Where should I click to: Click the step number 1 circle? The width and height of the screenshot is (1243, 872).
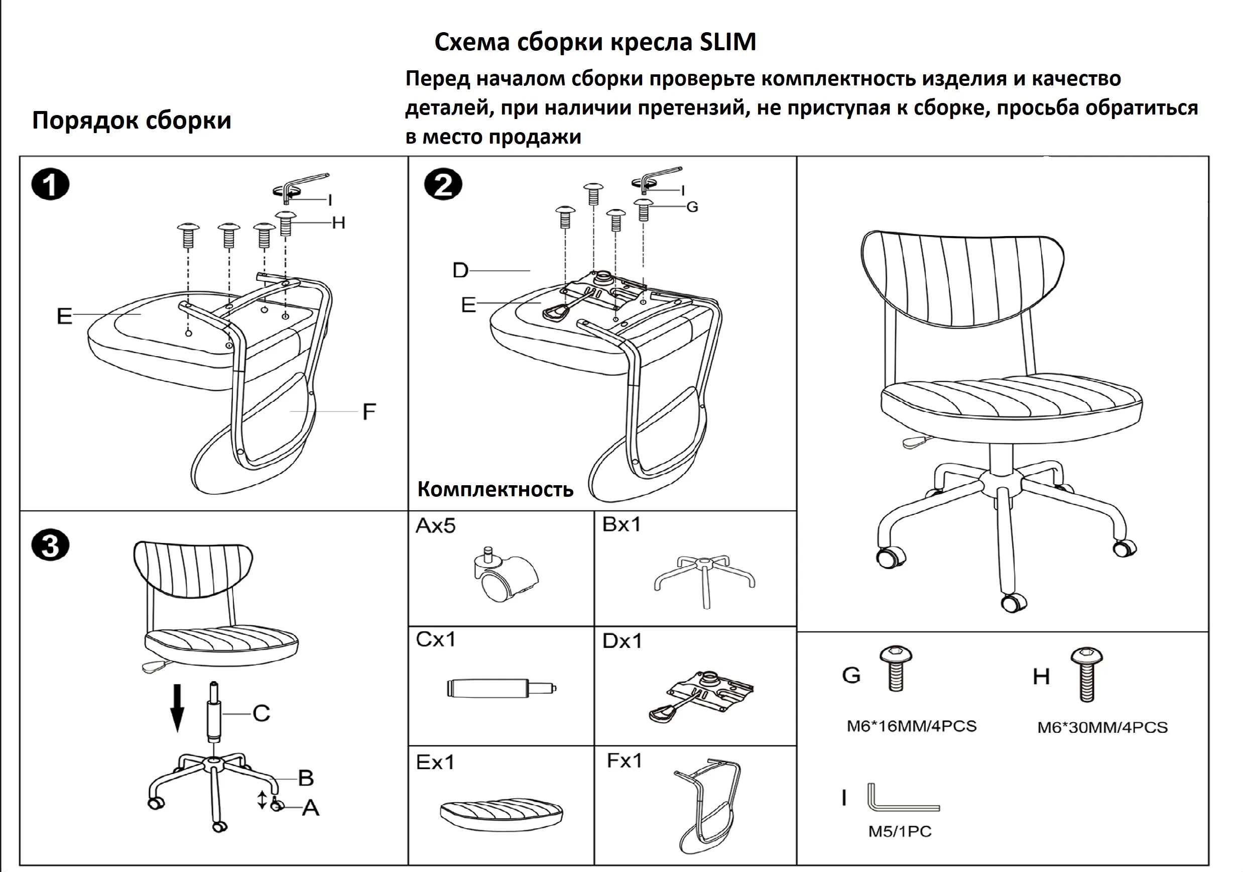point(50,185)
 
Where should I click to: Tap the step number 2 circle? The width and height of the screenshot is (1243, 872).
point(443,185)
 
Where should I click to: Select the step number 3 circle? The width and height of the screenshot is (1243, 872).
point(50,545)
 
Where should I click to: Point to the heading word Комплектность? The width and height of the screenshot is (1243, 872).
point(495,489)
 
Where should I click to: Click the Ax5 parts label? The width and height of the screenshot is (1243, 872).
point(435,525)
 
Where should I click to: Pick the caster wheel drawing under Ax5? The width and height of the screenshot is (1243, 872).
point(505,577)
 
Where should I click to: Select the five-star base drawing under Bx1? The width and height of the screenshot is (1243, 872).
point(704,579)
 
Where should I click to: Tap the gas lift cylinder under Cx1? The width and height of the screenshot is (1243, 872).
point(502,688)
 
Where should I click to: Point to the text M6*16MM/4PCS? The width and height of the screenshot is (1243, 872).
point(912,726)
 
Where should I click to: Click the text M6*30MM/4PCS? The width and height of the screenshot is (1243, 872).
point(1102,727)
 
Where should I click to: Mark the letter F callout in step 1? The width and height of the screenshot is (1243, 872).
point(368,411)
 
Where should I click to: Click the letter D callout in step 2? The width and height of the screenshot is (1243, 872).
point(460,270)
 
